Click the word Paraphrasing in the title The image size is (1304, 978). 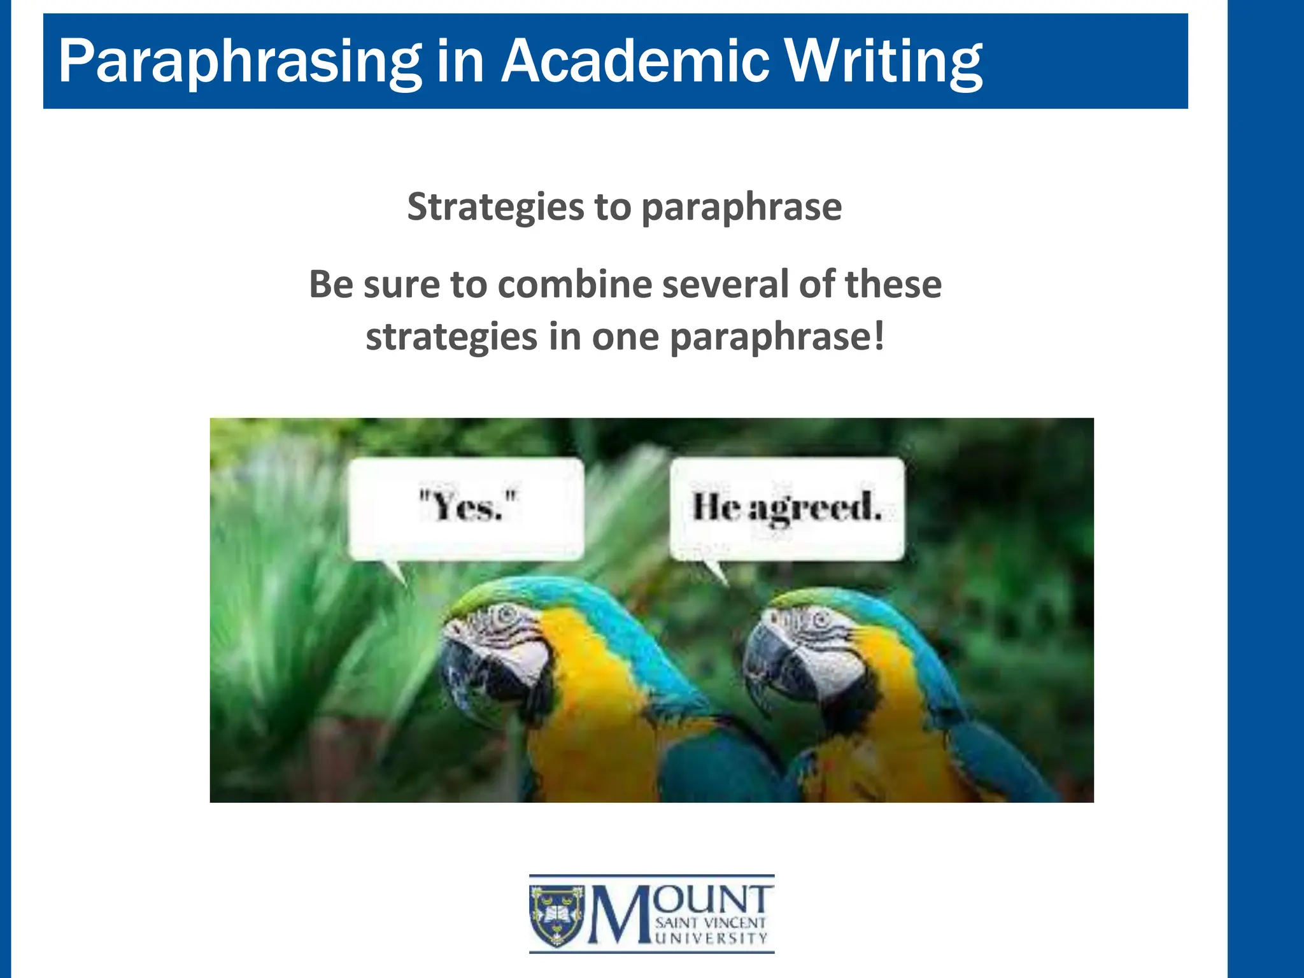[239, 62]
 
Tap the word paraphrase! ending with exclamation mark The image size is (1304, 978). [777, 337]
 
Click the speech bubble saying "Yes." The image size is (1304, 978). [466, 509]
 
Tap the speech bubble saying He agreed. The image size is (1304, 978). [787, 509]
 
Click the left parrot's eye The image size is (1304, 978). [507, 615]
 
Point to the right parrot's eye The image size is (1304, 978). [819, 618]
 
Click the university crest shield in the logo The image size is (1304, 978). [557, 914]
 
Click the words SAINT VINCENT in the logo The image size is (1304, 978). [711, 923]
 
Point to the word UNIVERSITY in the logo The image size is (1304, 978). [711, 939]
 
